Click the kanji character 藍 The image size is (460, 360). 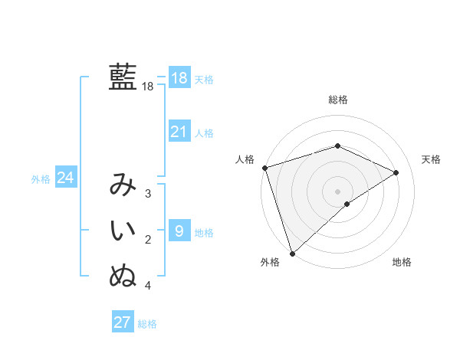click(123, 77)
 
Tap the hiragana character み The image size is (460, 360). click(123, 185)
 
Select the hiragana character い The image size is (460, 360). click(123, 231)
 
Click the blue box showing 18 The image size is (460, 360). click(179, 78)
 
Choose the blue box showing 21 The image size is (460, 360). click(179, 132)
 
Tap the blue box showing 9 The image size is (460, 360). click(179, 231)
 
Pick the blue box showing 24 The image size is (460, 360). click(65, 178)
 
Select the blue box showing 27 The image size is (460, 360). click(123, 322)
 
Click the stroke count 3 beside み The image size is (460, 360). click(148, 194)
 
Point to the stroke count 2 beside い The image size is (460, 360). click(148, 240)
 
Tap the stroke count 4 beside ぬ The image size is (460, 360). click(148, 286)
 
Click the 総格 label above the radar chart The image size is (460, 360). click(338, 100)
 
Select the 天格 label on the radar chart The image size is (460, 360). click(432, 159)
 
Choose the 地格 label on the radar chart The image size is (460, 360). click(402, 262)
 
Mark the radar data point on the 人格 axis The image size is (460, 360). click(264, 167)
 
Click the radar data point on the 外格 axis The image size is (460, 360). click(292, 253)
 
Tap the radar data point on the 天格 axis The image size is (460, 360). click(396, 172)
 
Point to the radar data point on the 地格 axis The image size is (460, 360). click(347, 204)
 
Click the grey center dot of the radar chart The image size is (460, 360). click(337, 191)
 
